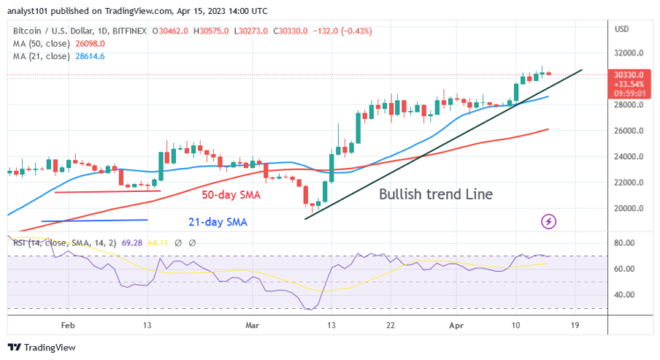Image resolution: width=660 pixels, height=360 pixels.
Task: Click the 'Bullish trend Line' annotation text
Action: coord(435,194)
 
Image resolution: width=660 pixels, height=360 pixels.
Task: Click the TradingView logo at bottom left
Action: coord(40,346)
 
